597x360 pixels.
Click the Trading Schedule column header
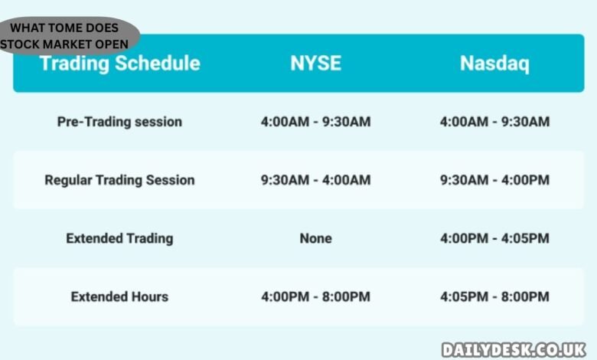coord(119,63)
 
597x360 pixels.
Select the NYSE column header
coord(315,63)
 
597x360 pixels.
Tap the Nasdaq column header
coord(494,63)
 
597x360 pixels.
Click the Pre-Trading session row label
coord(119,122)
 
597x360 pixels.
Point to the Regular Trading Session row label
coord(119,180)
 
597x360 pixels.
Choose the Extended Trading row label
coord(119,238)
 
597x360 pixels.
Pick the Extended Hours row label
coord(119,296)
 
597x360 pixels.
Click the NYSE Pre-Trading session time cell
coord(315,122)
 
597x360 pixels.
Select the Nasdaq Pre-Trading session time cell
coord(494,122)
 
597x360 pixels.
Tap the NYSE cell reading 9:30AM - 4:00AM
coord(315,180)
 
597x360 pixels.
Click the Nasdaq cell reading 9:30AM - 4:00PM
coord(494,180)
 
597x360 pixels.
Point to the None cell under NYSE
coord(315,238)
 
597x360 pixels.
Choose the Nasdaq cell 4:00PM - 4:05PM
coord(494,238)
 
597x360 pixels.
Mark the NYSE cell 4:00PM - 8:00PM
coord(315,296)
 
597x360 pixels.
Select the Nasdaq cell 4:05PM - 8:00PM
coord(494,296)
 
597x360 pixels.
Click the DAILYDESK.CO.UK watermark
coord(514,348)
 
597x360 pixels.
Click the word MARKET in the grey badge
coord(75,44)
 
